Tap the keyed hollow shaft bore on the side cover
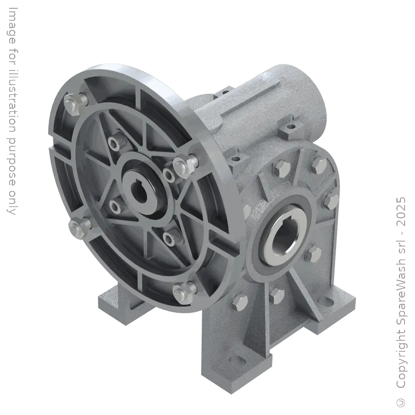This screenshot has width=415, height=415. [281, 237]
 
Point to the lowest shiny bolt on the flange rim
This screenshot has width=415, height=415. [183, 291]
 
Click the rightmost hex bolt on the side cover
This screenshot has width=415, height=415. [331, 201]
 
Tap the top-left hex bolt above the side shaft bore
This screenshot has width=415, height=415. [278, 168]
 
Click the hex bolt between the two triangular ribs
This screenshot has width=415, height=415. [276, 295]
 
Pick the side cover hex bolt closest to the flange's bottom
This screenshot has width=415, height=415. [239, 301]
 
